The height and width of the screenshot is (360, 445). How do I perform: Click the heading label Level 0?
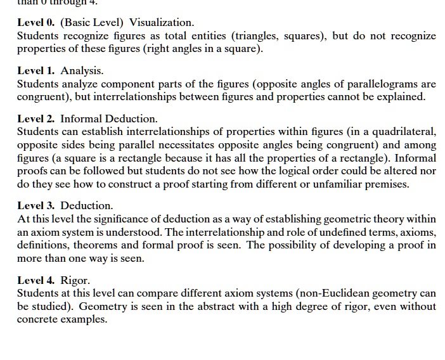coord(36,23)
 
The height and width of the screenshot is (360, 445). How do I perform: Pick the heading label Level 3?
coord(36,206)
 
